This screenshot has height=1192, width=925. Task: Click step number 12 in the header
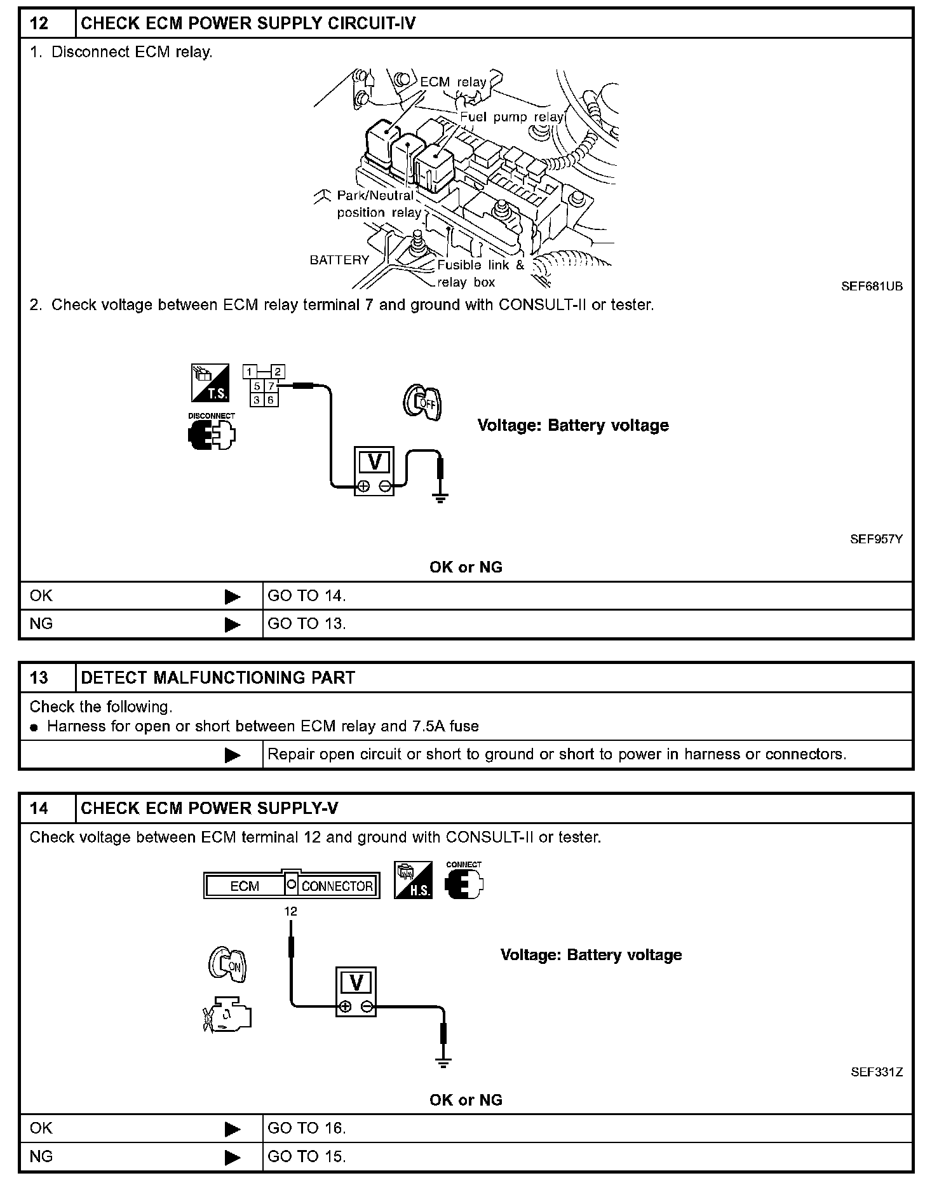(39, 24)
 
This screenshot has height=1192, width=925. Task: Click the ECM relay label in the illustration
(453, 82)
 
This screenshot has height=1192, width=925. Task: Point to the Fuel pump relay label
(511, 117)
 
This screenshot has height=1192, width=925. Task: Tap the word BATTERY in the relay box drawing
(339, 260)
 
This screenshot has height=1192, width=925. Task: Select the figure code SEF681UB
(871, 286)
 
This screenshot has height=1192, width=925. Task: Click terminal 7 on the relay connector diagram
(271, 386)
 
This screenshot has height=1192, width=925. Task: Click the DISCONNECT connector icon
(212, 435)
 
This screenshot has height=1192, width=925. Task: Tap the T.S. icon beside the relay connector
(210, 383)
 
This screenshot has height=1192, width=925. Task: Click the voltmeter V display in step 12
(374, 462)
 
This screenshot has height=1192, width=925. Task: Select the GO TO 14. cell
(307, 596)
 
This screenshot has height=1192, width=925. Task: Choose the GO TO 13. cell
(307, 624)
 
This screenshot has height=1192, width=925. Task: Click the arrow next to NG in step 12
(233, 625)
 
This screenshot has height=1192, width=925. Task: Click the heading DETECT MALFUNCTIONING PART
(218, 678)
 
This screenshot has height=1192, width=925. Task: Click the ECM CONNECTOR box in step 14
(292, 885)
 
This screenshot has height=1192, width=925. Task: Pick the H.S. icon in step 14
(413, 880)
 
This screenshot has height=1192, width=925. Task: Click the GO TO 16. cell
(307, 1128)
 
